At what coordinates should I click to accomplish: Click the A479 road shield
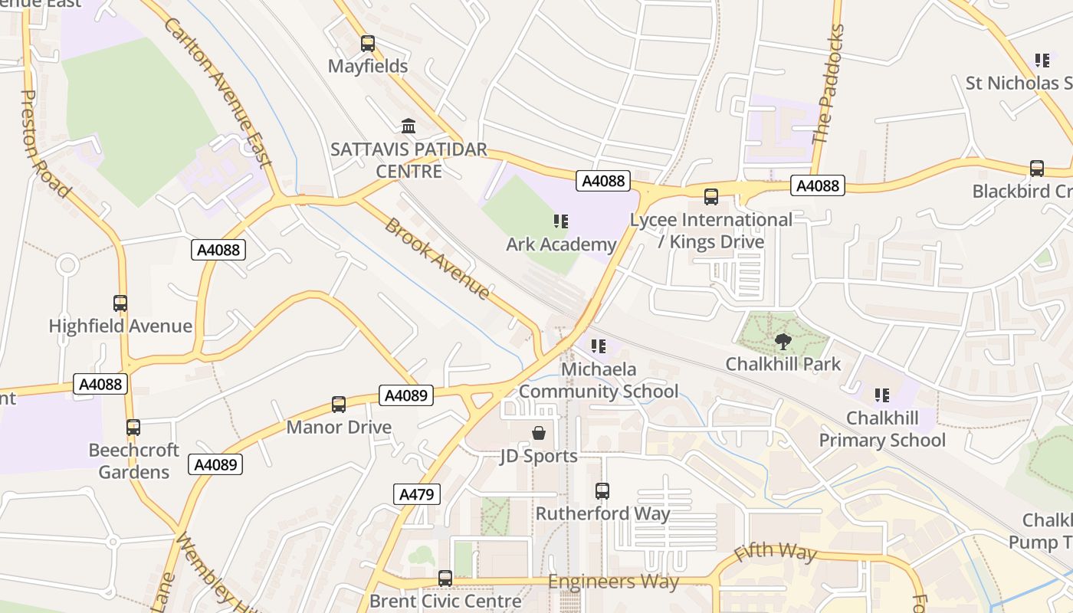coord(418,494)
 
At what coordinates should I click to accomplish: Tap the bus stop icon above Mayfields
coord(368,44)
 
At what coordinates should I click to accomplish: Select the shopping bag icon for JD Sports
coord(539,434)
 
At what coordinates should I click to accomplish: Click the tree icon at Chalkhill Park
coord(783,342)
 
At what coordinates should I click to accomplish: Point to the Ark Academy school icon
coord(561,221)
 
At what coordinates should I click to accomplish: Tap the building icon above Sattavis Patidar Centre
coord(409,126)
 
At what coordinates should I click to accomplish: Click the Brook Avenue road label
coord(437,258)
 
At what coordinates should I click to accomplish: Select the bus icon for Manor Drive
coord(339,405)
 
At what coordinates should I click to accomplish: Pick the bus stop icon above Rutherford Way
coord(602,491)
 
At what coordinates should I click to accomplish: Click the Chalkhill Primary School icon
coord(882,395)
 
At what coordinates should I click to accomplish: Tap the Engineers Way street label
coord(613,582)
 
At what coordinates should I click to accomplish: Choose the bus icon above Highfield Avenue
coord(120,303)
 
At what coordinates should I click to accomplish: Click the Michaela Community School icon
coord(599,346)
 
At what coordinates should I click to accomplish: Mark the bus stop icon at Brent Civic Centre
coord(445,578)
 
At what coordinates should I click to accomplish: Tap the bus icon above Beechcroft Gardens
coord(133,428)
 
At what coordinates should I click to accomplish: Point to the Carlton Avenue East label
coord(218,91)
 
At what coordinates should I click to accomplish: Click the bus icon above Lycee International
coord(711,197)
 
